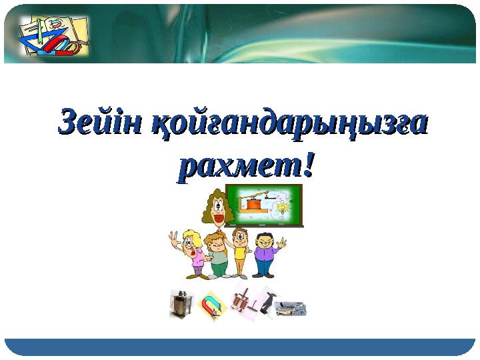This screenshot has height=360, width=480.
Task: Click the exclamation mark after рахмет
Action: click(x=307, y=163)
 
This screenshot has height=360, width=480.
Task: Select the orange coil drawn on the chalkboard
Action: click(x=251, y=205)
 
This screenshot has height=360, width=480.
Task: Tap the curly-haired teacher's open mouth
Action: click(x=217, y=216)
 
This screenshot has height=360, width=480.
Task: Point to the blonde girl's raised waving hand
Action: click(x=174, y=239)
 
